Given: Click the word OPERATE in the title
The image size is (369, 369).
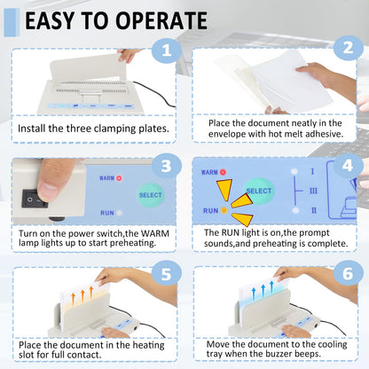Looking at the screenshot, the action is pos(161,20).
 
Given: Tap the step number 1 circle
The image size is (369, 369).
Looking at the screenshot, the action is pos(167,51).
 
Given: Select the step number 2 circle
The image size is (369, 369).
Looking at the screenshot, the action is pos(348,48).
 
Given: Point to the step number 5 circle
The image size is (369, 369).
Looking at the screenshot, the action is pos(167,275).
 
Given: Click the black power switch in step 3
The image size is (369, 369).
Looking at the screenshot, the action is pos(35,199).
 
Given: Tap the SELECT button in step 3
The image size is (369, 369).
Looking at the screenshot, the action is pos(151,195).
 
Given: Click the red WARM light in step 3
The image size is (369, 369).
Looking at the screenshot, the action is pos(119,178).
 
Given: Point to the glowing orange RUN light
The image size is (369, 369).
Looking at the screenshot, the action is pos(224,210).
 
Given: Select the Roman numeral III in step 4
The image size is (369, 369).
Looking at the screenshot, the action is pos(313,191).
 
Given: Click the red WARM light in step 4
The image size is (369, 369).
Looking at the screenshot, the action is pos(223,172).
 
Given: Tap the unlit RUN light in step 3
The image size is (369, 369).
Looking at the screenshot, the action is pos(119,213).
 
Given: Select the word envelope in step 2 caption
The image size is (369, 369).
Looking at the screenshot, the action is pos(227,134).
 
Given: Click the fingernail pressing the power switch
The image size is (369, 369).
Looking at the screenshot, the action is pos(49,192).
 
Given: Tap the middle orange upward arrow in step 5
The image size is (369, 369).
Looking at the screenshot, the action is pos(82,296).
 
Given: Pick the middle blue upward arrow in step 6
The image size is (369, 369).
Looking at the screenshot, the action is pos(263,291).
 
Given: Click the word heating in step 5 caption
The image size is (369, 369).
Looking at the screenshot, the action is pos(148,346).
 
